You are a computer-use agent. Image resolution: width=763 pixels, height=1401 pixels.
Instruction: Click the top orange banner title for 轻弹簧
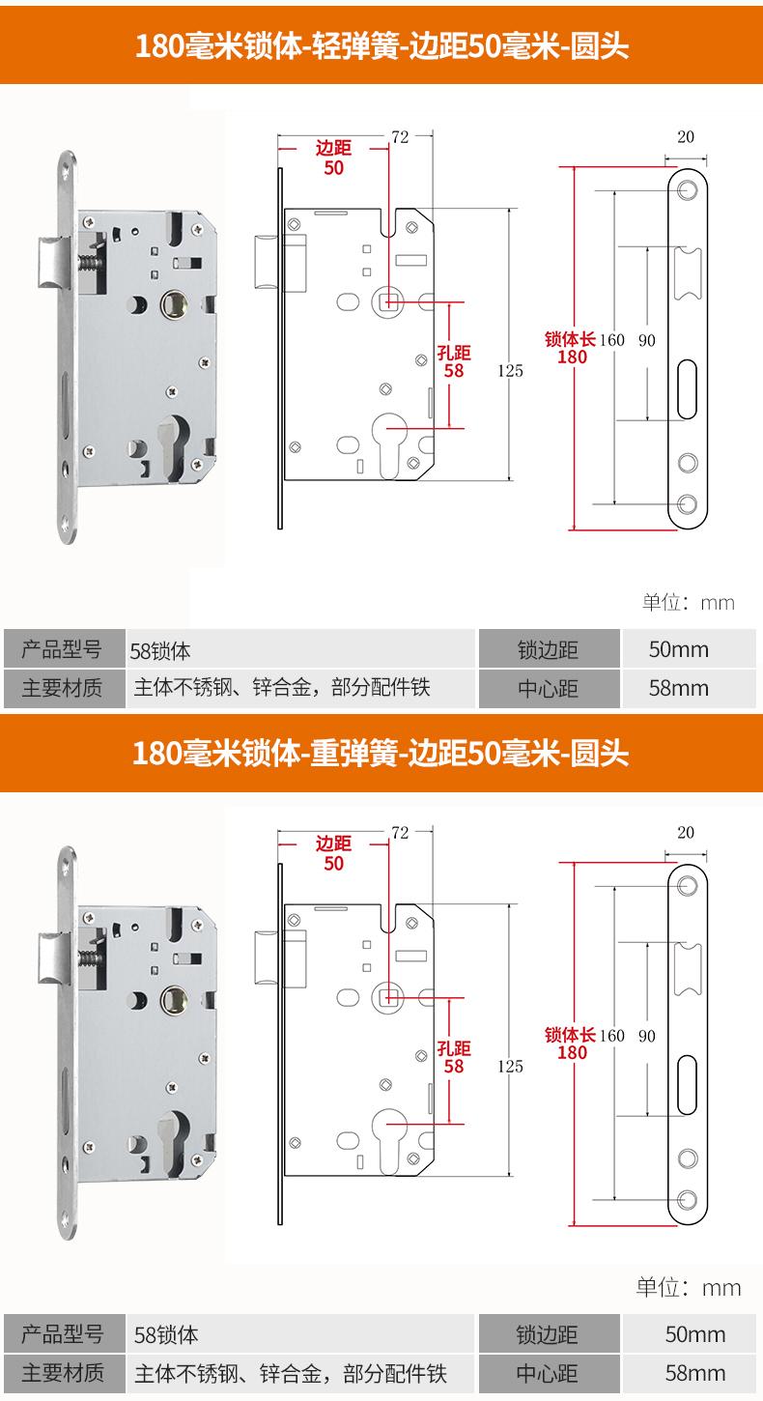(x=381, y=46)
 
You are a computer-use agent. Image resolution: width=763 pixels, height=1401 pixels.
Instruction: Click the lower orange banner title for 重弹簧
(x=381, y=752)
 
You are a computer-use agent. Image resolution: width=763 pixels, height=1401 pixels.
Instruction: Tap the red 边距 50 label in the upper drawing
(x=333, y=157)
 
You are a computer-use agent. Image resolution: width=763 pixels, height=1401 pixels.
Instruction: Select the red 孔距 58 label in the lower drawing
(x=453, y=1056)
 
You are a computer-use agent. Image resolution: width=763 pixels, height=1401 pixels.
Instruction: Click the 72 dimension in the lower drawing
(x=400, y=831)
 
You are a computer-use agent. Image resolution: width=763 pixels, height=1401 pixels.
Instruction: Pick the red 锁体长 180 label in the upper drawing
(x=571, y=348)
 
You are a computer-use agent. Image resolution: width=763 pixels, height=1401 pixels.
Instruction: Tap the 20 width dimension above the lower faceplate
(x=686, y=832)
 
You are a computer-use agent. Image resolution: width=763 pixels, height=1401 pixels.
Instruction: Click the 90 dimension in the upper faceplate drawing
(x=647, y=340)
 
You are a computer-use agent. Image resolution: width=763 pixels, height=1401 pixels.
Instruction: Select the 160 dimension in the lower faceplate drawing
(x=612, y=1036)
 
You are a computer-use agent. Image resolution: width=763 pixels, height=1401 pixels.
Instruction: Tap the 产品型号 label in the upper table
(x=62, y=648)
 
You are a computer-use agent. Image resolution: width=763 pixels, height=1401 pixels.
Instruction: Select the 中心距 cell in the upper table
(x=547, y=689)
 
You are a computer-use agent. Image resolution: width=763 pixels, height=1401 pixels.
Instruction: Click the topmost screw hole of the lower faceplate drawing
(x=688, y=885)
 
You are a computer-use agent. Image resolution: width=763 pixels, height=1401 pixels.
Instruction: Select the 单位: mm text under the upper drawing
(x=689, y=603)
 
